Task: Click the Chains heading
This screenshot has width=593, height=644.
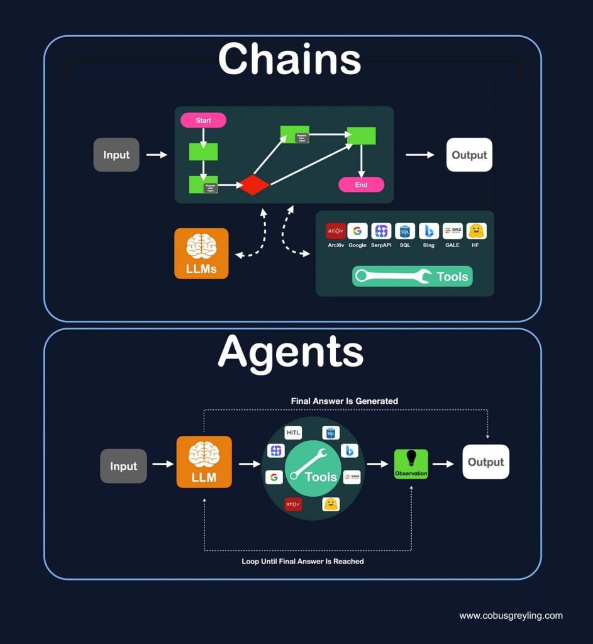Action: coord(289,60)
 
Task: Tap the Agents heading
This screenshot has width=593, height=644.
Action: coord(291,352)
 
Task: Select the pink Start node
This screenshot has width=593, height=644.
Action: coord(203,120)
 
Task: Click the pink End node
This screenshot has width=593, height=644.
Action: coord(361,185)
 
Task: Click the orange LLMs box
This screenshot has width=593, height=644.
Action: coord(201,253)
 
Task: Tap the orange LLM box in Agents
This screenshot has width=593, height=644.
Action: coord(204,462)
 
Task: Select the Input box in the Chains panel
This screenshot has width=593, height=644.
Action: coord(116,155)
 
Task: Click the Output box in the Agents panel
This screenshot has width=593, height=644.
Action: coord(485,462)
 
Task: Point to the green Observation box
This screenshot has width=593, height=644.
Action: coord(411,464)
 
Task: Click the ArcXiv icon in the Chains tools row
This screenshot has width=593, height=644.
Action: coord(335,231)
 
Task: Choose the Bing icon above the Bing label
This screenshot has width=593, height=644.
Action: coord(428,231)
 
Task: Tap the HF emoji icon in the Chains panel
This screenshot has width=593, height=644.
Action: coord(475,231)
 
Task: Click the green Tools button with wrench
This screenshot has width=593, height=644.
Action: coord(412,276)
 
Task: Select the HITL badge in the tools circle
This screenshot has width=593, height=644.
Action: coord(293,433)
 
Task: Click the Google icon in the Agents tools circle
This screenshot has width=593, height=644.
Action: coord(274,477)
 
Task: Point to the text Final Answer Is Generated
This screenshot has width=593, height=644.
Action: coord(344,401)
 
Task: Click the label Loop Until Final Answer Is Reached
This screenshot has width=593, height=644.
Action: coord(302,561)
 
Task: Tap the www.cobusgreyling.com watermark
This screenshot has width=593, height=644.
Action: coord(511,616)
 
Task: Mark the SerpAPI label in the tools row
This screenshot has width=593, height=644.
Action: coord(381,245)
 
